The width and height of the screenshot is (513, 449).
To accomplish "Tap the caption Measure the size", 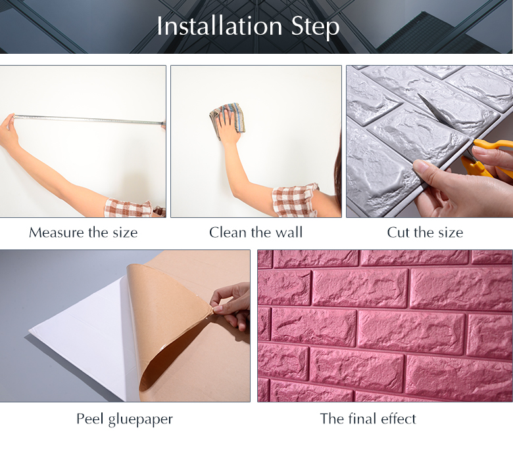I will pyautogui.click(x=83, y=232).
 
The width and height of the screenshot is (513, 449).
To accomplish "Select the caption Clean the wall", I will pyautogui.click(x=256, y=232).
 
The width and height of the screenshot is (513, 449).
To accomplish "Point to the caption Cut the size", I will pyautogui.click(x=425, y=232).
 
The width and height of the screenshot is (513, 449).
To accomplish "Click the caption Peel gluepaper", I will pyautogui.click(x=124, y=419).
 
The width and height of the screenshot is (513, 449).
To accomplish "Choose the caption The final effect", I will pyautogui.click(x=368, y=419).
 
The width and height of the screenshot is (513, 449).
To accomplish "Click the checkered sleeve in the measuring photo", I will pyautogui.click(x=128, y=207).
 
